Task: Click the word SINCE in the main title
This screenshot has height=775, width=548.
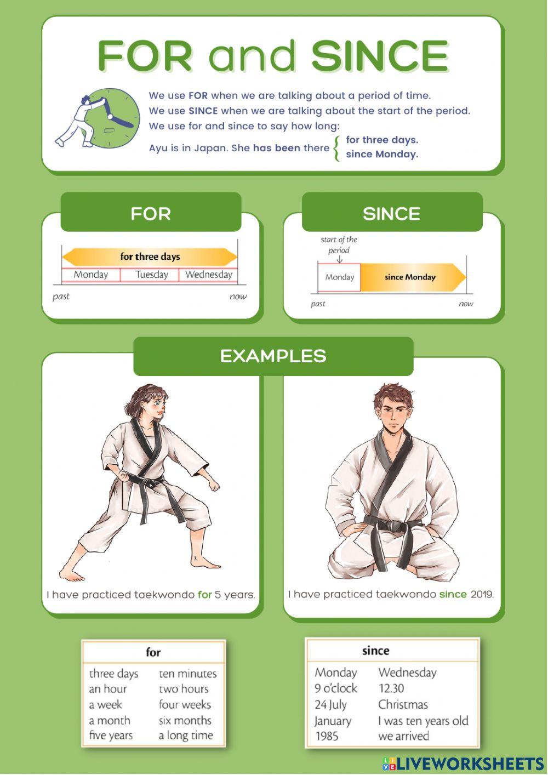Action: click(x=380, y=56)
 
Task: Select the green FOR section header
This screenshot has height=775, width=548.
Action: click(x=151, y=213)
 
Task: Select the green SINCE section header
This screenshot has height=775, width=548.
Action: click(x=392, y=213)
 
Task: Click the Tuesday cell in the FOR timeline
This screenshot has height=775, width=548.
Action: click(x=151, y=275)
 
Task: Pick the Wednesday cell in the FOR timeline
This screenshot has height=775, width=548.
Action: click(x=209, y=275)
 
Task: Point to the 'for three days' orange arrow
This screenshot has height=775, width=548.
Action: click(x=150, y=257)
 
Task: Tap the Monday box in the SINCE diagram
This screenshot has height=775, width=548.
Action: click(x=339, y=277)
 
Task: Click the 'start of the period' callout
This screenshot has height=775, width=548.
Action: click(x=339, y=245)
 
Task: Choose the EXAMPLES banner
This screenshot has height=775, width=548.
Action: click(x=273, y=356)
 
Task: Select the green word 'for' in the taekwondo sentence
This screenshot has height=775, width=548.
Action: click(x=204, y=595)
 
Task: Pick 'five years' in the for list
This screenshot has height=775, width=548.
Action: click(x=111, y=736)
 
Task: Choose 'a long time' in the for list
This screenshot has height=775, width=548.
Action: click(x=186, y=736)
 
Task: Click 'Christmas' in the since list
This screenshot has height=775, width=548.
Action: click(x=403, y=705)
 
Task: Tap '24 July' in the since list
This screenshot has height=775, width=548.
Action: click(x=330, y=705)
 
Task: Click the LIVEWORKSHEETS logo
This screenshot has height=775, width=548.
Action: click(x=464, y=763)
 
